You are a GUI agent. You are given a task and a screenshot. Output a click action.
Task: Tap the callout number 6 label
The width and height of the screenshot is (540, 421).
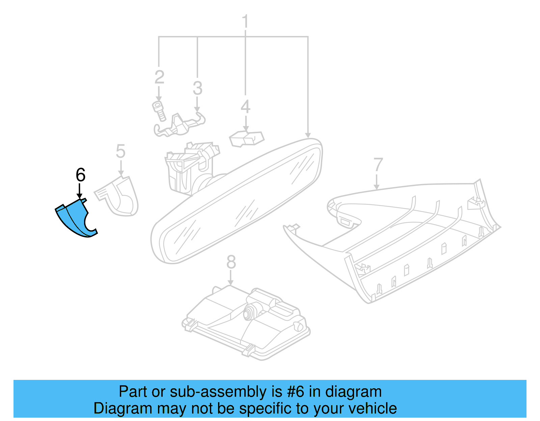tap(81, 175)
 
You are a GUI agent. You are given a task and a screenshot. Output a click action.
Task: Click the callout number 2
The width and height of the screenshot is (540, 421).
tap(159, 77)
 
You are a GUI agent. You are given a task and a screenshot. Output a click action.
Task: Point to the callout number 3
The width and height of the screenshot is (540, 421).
tap(197, 88)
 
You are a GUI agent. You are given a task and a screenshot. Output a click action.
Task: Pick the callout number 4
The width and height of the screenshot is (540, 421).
tap(245, 107)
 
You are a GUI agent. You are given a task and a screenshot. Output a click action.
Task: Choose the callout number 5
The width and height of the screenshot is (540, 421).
tap(121, 151)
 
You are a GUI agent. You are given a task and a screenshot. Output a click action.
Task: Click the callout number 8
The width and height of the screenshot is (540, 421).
tap(231, 262)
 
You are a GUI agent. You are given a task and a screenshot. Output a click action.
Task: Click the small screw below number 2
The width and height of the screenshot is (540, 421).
tap(159, 111)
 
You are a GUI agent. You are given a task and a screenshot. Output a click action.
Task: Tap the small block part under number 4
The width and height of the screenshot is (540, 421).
tap(246, 139)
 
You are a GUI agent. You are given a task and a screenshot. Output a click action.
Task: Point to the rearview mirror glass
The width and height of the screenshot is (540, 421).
tap(237, 201)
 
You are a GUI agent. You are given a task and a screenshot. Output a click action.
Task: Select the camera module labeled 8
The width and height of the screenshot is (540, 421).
tap(246, 323)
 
